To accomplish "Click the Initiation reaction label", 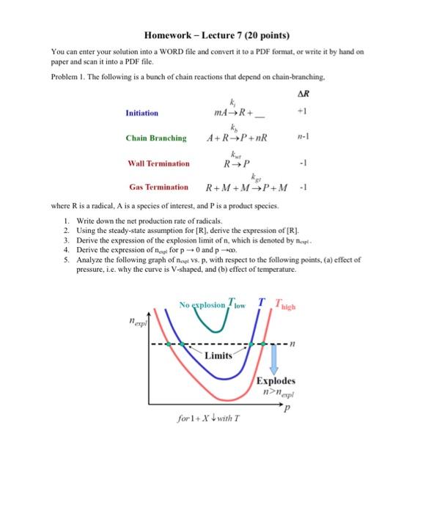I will [x=141, y=114].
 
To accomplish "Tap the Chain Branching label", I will [x=155, y=138].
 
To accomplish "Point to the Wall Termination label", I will [x=157, y=163].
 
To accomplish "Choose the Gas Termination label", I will [x=158, y=188].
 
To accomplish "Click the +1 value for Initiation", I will [x=302, y=114].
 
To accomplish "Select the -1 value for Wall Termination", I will [x=302, y=163].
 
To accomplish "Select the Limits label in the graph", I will [x=218, y=355].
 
